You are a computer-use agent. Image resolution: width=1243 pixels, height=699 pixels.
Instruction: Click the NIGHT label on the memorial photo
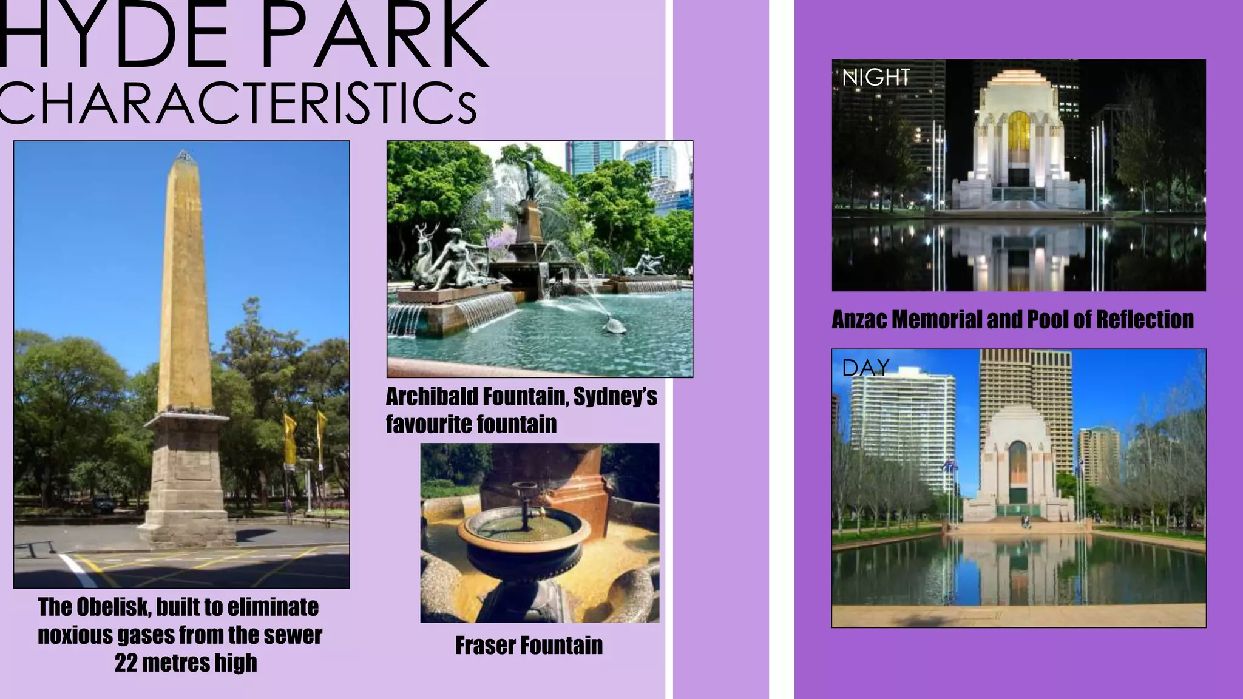[x=876, y=78]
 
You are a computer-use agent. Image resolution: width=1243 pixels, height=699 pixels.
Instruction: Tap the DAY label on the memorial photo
[x=865, y=368]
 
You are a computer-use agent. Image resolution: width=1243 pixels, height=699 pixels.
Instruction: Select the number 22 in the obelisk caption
[x=126, y=663]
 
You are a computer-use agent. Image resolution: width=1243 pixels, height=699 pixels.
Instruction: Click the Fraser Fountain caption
[x=529, y=646]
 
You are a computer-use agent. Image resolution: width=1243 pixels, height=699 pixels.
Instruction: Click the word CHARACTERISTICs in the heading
[x=237, y=103]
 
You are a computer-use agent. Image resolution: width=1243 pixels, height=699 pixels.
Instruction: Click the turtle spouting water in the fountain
[x=614, y=326]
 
